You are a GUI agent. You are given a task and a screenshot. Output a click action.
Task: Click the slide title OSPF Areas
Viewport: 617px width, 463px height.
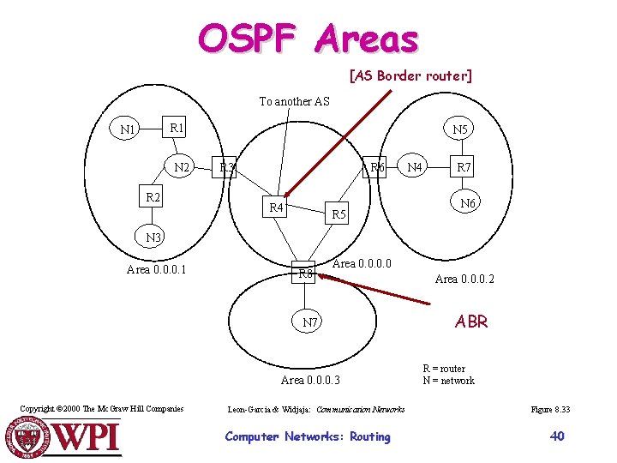coord(308,39)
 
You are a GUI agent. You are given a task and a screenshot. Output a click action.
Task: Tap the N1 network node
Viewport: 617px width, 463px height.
coord(129,129)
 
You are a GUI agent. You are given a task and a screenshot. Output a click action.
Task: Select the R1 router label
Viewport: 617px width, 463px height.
coord(177,128)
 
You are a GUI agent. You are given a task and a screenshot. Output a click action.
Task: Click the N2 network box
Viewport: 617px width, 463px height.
coord(183,167)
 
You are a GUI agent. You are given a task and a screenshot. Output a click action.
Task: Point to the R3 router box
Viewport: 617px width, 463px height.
coord(227,167)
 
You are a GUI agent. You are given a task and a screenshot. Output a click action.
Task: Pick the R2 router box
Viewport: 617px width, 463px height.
coord(153,198)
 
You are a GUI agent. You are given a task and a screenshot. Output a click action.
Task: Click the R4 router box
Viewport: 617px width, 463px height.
coord(276,207)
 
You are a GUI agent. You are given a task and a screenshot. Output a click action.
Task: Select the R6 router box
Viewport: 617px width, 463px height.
coord(376,167)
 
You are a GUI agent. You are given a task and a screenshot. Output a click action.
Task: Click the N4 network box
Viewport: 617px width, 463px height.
coord(416,167)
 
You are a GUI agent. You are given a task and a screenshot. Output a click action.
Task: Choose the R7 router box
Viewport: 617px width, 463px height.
coord(464,167)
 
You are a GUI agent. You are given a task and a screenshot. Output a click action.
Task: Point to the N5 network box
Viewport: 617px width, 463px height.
coord(461,129)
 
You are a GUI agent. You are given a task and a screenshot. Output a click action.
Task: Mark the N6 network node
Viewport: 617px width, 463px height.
coord(468,203)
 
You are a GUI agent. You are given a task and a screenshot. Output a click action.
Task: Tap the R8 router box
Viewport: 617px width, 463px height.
coord(304,274)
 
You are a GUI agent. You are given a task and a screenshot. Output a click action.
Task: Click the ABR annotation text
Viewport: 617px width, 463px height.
coord(471,322)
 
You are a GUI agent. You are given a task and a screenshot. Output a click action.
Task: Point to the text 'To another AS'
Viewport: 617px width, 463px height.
coord(294,101)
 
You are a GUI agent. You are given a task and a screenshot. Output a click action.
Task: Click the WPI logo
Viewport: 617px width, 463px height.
coord(65,437)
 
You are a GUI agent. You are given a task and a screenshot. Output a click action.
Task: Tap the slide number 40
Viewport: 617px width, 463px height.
coord(557,436)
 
